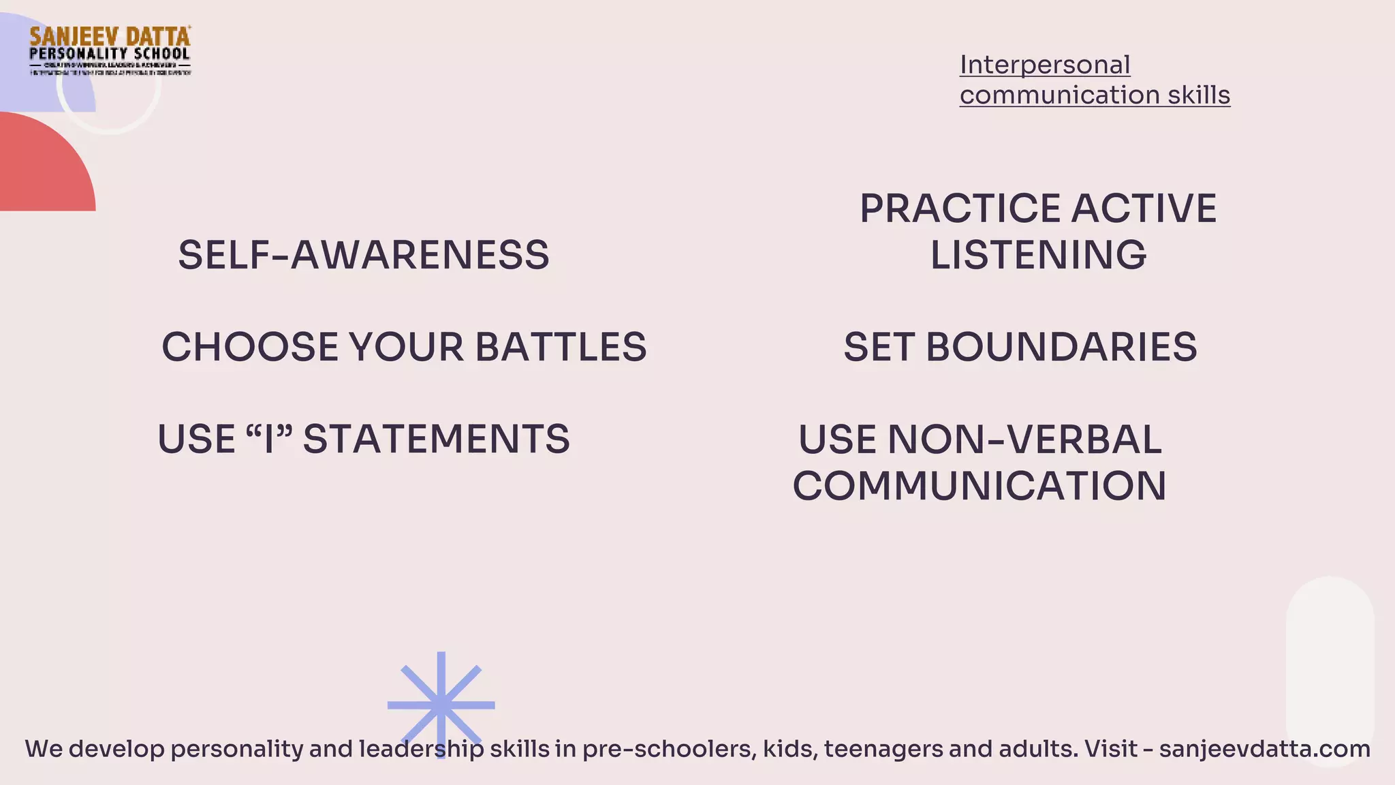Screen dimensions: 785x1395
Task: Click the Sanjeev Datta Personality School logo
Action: coord(110,50)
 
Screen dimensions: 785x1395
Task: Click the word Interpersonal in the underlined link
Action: coord(1045,65)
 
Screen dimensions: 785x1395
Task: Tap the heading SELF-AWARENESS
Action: coord(364,256)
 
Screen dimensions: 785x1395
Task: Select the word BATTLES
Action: coord(561,347)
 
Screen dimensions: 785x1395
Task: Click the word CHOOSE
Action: coord(250,347)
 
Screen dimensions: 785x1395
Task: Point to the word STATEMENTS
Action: coord(436,439)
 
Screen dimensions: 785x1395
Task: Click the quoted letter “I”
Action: coord(268,439)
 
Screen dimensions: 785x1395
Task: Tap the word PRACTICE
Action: coord(960,209)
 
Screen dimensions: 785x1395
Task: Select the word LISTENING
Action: coord(1038,256)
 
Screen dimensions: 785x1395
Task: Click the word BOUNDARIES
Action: coord(1061,347)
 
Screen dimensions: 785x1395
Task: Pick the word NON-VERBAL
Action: coord(1024,440)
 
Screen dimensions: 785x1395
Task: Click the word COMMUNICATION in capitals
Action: coord(979,486)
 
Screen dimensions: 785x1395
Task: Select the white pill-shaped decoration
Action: coord(1330,654)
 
